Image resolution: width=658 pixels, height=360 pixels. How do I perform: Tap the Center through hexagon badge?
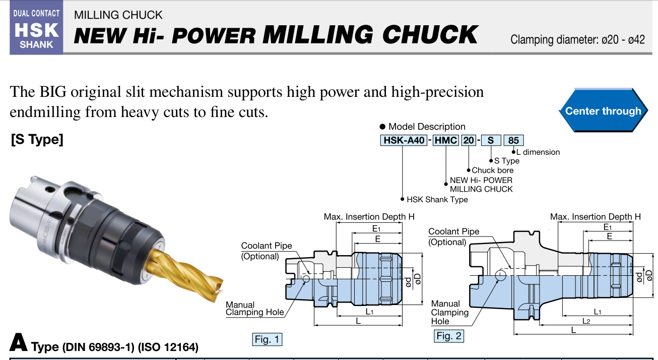coord(603,111)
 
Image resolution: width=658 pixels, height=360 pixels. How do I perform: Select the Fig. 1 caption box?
coord(267,339)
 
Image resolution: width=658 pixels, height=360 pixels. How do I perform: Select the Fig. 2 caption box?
coord(449,336)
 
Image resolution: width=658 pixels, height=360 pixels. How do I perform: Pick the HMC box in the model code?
coord(446,140)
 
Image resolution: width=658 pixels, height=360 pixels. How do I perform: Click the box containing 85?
coord(513,140)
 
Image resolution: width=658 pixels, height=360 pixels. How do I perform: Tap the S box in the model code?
coord(490,140)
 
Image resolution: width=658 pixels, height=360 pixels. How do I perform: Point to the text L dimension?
coord(538,152)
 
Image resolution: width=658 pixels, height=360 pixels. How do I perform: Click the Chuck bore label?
coord(493,170)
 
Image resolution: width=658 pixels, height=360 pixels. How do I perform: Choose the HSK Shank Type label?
coord(437,200)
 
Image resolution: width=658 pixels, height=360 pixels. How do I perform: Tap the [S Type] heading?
coord(37,140)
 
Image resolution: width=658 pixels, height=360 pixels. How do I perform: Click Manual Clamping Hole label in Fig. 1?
coord(254,309)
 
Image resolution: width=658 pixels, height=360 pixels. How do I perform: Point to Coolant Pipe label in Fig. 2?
coord(453,236)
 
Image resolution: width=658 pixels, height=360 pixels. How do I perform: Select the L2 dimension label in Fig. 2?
coord(586,321)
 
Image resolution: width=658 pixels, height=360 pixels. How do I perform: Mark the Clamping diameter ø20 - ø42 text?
coord(577,39)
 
